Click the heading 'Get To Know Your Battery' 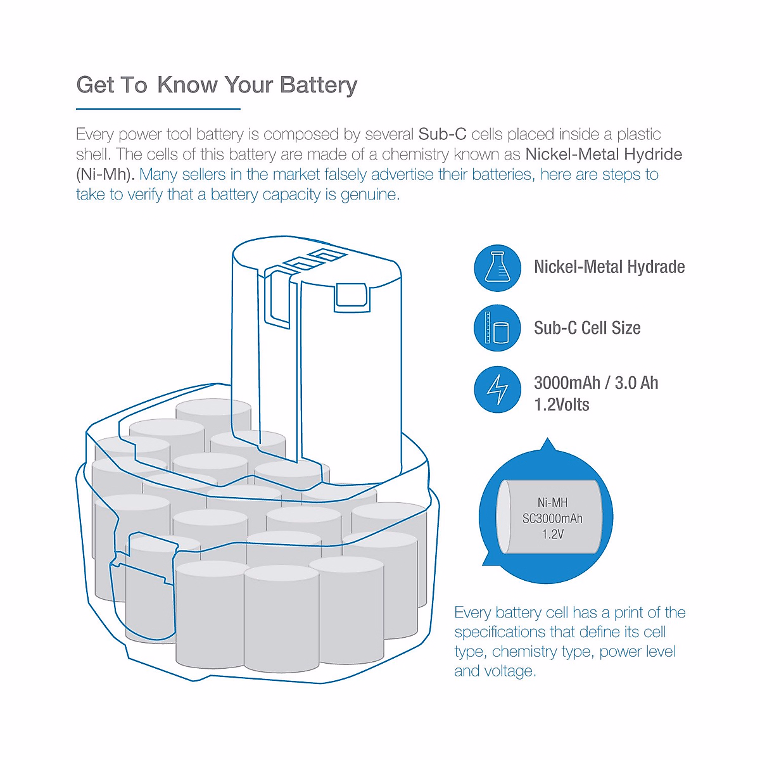(x=217, y=85)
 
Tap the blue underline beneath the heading (x=158, y=109)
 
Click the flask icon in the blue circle (x=497, y=268)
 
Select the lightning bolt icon (x=497, y=389)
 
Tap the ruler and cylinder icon (x=497, y=328)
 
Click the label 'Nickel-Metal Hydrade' (x=609, y=267)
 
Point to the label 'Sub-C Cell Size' (x=587, y=328)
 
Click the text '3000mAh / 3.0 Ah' (x=596, y=383)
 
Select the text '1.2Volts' (x=562, y=405)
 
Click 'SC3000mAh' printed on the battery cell (x=552, y=519)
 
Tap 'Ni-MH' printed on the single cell (x=552, y=503)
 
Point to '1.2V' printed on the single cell (x=552, y=535)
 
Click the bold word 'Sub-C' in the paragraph (x=442, y=134)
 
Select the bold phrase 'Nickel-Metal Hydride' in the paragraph (x=604, y=155)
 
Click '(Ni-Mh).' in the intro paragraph (x=105, y=175)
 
